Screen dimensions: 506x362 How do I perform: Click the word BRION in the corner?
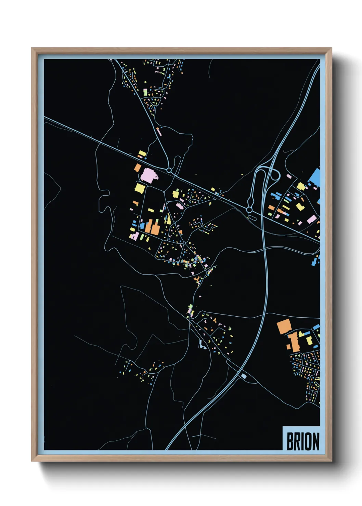click(x=303, y=441)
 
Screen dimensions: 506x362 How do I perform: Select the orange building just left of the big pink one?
click(x=138, y=168)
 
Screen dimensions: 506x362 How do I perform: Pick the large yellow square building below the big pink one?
click(x=140, y=188)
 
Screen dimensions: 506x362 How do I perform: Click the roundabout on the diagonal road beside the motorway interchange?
click(x=249, y=209)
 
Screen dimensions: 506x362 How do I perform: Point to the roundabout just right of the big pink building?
click(x=169, y=170)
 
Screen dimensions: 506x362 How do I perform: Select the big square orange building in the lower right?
click(x=284, y=327)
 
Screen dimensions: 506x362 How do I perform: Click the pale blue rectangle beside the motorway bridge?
click(x=244, y=376)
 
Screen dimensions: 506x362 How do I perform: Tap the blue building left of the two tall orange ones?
click(x=142, y=226)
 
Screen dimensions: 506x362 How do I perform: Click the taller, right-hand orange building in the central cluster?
click(x=155, y=228)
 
